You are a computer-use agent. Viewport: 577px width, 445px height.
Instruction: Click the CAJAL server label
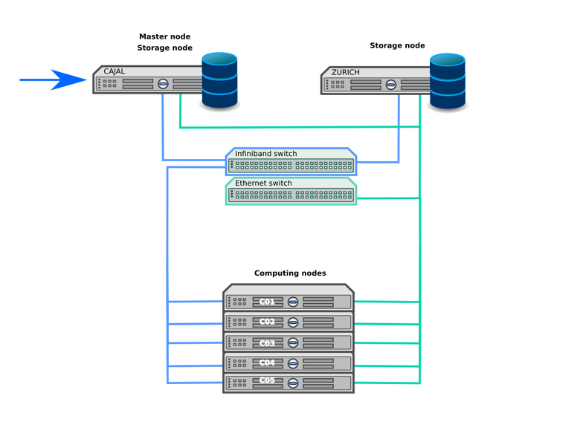(114, 71)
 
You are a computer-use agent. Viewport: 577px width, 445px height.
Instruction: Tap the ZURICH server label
(346, 72)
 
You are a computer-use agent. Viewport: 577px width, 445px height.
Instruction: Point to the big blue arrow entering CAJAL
(53, 79)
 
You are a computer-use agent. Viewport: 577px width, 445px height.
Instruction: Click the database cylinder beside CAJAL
(219, 78)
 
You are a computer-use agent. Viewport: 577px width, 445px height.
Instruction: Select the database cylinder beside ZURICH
(448, 78)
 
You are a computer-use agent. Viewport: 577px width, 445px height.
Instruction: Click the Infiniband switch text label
(265, 154)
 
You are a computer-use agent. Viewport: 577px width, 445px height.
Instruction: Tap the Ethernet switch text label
(263, 183)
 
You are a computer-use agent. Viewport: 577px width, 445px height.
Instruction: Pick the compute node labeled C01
(267, 302)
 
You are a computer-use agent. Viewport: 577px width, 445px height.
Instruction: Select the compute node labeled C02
(267, 322)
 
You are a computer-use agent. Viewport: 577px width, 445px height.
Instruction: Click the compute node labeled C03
(267, 342)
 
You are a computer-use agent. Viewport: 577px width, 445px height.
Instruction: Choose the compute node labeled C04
(267, 363)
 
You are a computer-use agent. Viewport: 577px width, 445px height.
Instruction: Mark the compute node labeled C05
(267, 382)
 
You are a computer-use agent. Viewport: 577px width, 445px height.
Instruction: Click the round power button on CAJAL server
(163, 84)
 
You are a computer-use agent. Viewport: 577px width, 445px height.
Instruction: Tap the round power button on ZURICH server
(391, 84)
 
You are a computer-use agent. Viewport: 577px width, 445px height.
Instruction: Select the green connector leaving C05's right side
(387, 383)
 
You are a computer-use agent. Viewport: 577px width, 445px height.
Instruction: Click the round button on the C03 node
(293, 342)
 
